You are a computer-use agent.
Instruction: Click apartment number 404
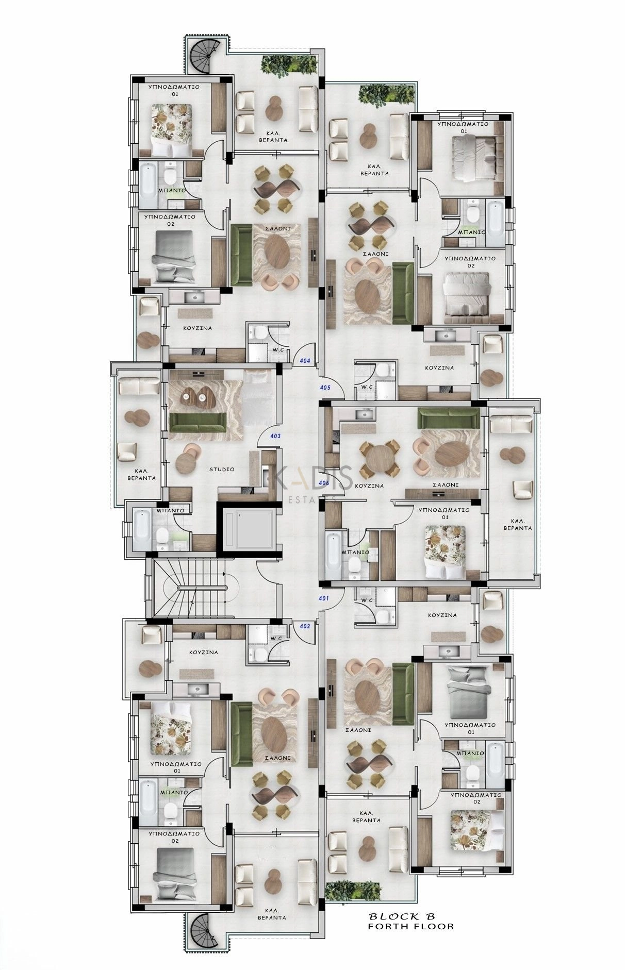point(305,361)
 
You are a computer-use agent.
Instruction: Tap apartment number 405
point(325,387)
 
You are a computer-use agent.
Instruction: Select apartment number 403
point(275,436)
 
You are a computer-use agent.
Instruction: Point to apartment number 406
point(324,483)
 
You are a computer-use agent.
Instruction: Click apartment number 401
point(324,598)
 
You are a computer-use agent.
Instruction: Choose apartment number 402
point(305,626)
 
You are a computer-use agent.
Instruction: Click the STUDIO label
point(222,469)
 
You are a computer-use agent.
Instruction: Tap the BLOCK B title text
point(402,916)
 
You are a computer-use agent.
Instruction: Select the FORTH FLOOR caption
point(410,926)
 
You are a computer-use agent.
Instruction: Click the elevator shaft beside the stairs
point(250,531)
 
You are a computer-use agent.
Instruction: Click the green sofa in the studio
point(198,422)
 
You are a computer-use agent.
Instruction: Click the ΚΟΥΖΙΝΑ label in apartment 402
point(203,652)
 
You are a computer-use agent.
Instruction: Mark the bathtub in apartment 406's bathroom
point(333,557)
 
